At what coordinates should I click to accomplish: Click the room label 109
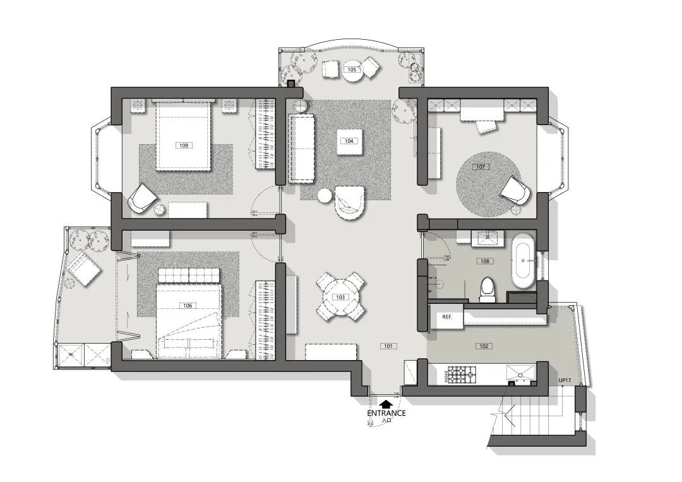coord(184,145)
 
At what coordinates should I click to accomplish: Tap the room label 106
coord(188,306)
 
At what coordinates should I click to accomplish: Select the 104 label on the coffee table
coord(349,141)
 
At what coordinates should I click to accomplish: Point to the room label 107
coord(480,167)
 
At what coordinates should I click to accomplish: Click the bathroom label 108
coord(484,262)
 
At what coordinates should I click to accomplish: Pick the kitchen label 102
coord(484,346)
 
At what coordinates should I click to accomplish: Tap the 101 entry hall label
coord(388,346)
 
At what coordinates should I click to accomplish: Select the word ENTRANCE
coord(386,413)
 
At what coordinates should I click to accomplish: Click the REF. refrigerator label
coord(447,317)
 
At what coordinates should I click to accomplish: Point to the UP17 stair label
coord(565,380)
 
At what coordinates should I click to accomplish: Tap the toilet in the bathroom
coord(488,289)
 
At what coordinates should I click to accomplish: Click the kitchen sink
coord(521,373)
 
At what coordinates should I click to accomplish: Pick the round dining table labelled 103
coord(340,297)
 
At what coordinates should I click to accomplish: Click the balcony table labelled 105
coord(352,71)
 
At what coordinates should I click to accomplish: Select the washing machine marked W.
coord(71,356)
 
